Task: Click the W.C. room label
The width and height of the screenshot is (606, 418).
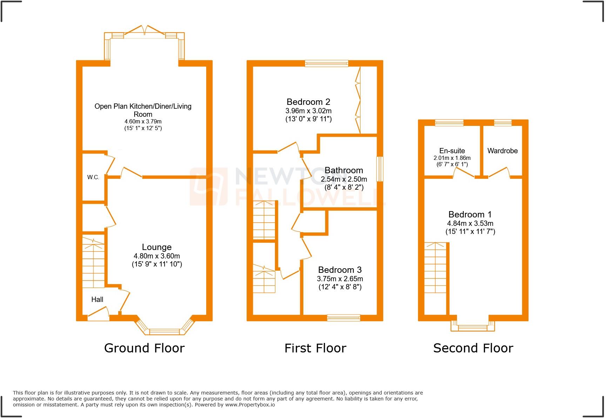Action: click(93, 177)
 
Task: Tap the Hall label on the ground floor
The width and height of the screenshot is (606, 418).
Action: click(97, 299)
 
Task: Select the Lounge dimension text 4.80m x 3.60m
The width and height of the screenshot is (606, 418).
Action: click(157, 256)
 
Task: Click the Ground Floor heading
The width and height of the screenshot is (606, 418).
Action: click(144, 348)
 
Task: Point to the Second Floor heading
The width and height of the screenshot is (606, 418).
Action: click(473, 348)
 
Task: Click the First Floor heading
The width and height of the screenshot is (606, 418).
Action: click(315, 348)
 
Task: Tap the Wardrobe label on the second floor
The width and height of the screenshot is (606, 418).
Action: click(502, 151)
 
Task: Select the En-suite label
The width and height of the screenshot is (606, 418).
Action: click(452, 151)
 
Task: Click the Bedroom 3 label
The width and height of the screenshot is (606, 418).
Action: click(339, 270)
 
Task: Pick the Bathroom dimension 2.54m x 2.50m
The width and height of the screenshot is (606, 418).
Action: click(344, 179)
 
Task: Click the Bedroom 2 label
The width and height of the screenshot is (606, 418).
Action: click(308, 102)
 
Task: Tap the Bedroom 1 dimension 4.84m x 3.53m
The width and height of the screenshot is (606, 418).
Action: click(470, 223)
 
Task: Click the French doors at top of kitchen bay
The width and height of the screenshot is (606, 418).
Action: click(144, 31)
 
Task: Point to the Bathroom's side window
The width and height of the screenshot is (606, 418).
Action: click(379, 169)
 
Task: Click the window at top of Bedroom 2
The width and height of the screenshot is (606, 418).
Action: click(326, 63)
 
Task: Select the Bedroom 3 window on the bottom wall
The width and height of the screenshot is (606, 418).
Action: click(344, 318)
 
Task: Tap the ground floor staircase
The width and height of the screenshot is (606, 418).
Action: click(93, 262)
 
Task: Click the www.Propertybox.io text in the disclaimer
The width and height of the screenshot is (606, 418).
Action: click(250, 405)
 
